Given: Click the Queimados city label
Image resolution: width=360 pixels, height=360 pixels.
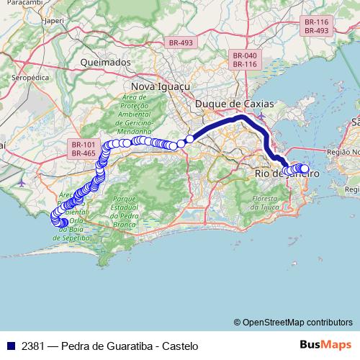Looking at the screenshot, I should tap(106, 62).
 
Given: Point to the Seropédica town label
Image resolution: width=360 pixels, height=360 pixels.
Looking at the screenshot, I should tap(31, 75).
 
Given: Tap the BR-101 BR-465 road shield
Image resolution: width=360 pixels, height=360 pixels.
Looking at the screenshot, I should tap(84, 149).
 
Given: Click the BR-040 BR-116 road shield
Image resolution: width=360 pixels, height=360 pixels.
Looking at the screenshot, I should tap(245, 60).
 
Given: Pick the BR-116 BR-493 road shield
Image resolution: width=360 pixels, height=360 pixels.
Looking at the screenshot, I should tap(316, 27).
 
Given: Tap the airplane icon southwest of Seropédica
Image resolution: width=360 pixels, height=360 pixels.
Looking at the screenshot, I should tap(21, 181).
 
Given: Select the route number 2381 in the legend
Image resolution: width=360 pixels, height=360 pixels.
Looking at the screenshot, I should tap(32, 346).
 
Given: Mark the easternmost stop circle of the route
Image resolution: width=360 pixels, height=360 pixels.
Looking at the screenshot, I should tap(305, 169).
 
